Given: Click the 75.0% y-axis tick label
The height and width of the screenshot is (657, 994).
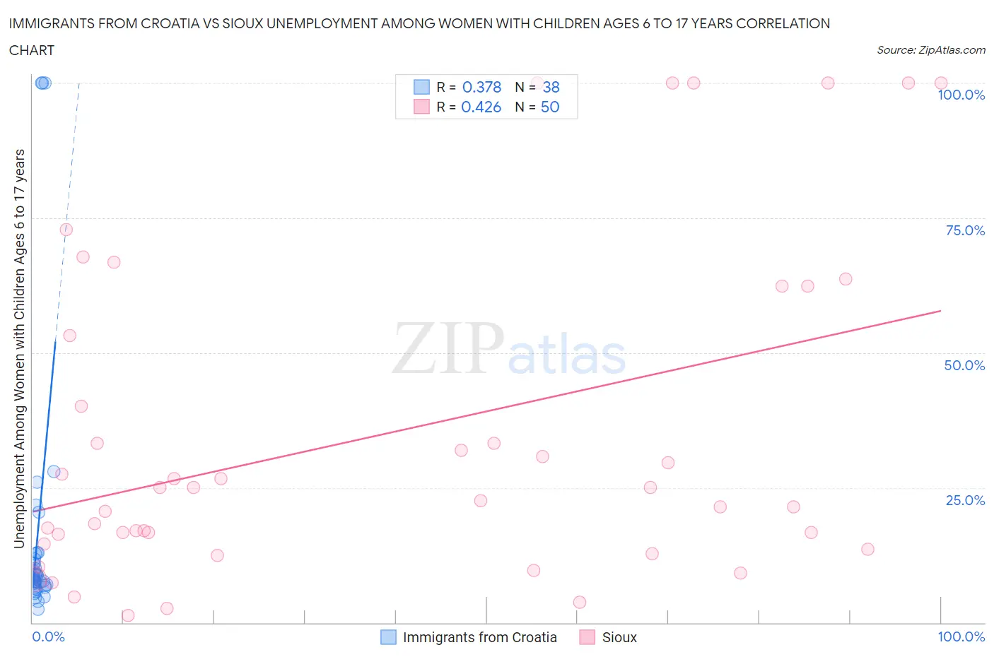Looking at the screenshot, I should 964,230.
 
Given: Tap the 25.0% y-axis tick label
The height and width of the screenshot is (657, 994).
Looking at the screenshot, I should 964,500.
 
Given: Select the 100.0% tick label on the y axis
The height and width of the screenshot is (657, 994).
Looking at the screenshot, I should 961,95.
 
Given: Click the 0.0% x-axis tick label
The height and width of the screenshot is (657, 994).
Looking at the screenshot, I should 48,637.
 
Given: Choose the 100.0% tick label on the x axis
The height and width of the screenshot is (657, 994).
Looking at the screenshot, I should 961,637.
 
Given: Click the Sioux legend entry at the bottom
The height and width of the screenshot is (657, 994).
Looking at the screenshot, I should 619,637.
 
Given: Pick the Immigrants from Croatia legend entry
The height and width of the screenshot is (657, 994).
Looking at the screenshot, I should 479,637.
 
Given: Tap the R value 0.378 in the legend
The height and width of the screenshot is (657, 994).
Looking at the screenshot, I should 481,87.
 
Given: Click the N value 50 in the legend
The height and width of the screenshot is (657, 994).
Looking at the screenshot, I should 549,107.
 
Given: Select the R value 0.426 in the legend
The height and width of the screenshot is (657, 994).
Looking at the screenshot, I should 481,107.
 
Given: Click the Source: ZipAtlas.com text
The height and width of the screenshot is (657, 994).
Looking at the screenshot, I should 930,49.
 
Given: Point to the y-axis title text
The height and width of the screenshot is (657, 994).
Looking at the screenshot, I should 19,348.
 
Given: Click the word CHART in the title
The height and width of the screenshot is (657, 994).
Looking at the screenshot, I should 32,50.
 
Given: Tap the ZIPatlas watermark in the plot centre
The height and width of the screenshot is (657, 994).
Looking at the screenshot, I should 509,348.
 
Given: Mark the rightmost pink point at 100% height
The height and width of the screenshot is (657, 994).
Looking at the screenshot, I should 940,83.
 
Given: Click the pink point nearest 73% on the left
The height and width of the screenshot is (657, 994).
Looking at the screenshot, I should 66,230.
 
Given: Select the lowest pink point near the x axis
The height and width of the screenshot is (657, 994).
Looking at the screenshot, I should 128,615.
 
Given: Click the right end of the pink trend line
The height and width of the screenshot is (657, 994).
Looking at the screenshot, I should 940,310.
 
